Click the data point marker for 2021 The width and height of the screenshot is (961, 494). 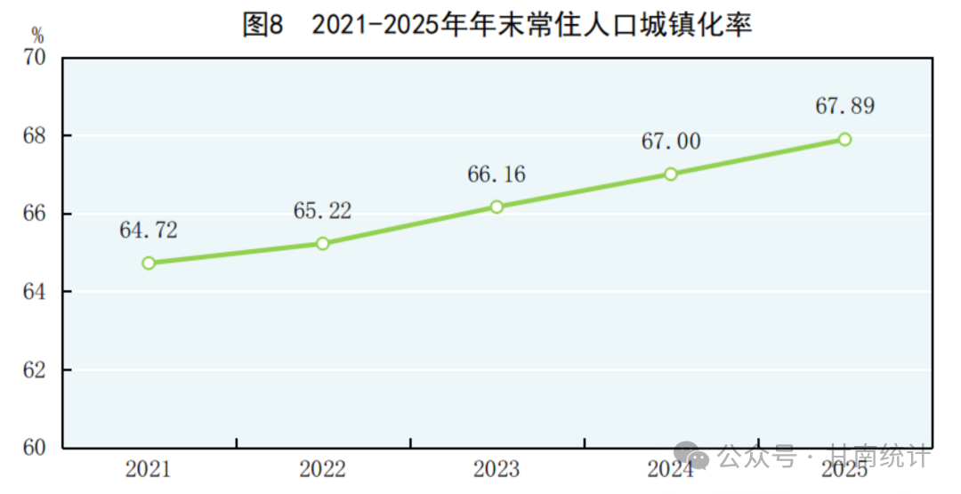click(x=149, y=263)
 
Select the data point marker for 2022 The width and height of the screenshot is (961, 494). click(x=323, y=243)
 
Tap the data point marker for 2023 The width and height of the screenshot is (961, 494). click(x=497, y=207)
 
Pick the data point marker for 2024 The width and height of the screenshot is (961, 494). click(x=671, y=174)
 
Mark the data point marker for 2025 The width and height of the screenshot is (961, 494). click(x=844, y=139)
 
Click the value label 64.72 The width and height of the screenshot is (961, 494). click(x=149, y=231)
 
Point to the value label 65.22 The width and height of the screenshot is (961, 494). click(x=322, y=211)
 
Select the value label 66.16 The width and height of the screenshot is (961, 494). click(x=497, y=174)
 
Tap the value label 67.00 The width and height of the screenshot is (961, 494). click(x=671, y=142)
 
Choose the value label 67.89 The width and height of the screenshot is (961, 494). click(x=844, y=107)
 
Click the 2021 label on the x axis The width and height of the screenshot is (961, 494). click(x=149, y=469)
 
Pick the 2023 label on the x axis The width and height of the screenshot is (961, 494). click(x=497, y=469)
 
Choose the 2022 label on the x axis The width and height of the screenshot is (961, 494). click(x=323, y=469)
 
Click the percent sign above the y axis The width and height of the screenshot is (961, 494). click(x=36, y=36)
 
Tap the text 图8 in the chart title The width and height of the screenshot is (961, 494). click(x=262, y=24)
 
